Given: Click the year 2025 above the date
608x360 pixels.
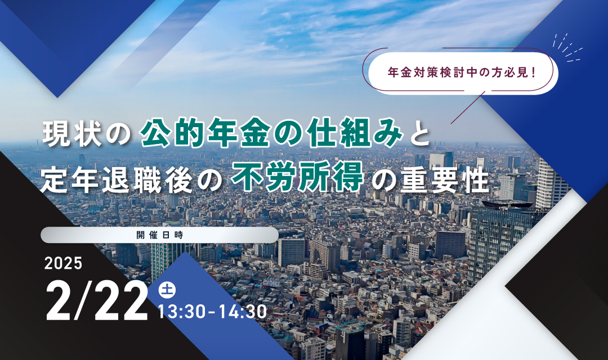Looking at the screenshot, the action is coord(63,263).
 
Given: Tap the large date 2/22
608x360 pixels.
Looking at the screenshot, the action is coord(97,301).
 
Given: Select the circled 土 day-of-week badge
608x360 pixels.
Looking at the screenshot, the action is coord(167,290).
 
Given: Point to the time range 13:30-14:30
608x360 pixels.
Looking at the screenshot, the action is coord(212,312).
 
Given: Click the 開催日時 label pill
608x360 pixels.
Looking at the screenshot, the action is coord(159,235).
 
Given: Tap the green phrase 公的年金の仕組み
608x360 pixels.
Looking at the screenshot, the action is coord(272,133).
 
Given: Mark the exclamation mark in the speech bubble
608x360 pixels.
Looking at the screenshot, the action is coord(534,73).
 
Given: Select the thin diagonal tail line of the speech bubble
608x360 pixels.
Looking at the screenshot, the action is coord(468,107).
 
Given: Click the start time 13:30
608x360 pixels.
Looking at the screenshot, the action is coord(182,312).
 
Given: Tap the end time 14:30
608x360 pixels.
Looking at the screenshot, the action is coord(243,312).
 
